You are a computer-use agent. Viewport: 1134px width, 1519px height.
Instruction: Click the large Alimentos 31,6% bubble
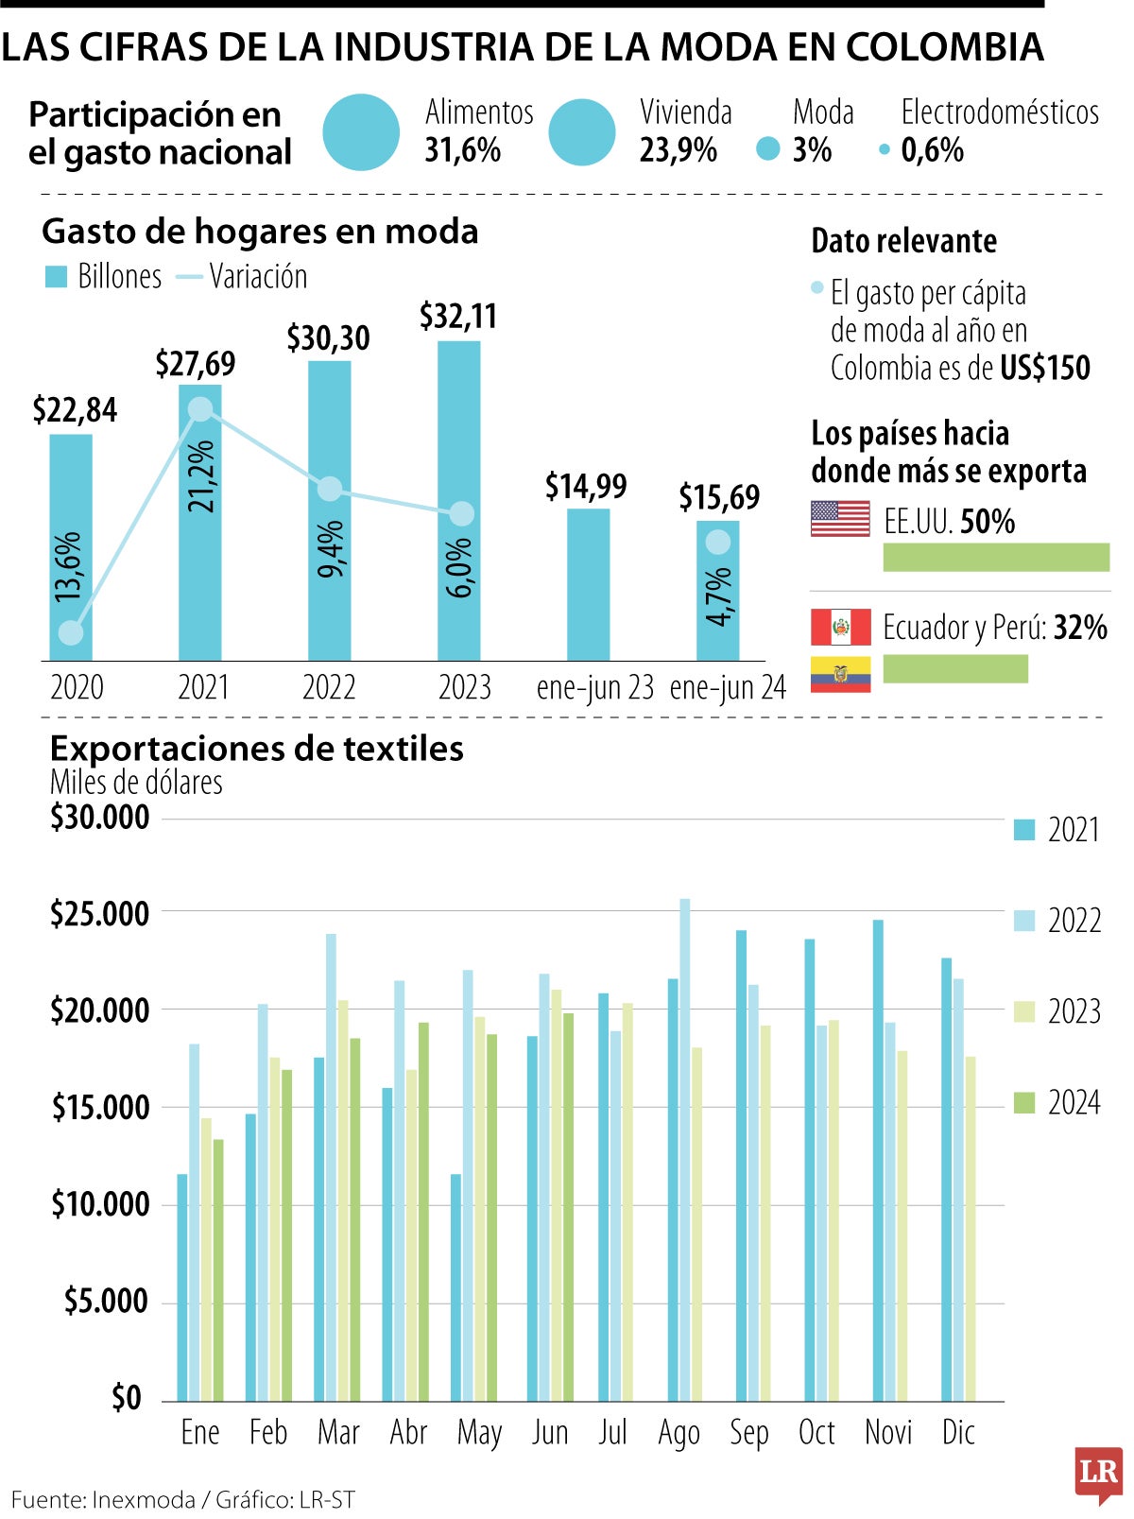pyautogui.click(x=361, y=132)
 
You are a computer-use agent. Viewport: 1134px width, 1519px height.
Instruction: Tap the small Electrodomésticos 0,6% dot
pyautogui.click(x=885, y=149)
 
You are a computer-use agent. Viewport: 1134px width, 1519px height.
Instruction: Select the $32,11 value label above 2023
pyautogui.click(x=458, y=317)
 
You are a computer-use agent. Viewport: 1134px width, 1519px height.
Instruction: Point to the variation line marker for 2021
pyautogui.click(x=200, y=408)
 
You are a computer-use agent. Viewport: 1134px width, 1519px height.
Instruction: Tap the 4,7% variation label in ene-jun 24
pyautogui.click(x=718, y=596)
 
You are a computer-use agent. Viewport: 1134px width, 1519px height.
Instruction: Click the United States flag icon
pyautogui.click(x=840, y=519)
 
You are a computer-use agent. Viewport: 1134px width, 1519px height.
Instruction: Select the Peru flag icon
pyautogui.click(x=840, y=627)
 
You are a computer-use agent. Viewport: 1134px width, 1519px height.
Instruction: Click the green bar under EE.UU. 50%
pyautogui.click(x=995, y=558)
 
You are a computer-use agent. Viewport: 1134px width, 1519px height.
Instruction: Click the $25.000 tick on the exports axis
pyautogui.click(x=100, y=914)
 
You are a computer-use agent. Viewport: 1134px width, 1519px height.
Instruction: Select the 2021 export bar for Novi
pyautogui.click(x=878, y=1160)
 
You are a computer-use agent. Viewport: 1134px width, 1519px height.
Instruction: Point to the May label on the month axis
pyautogui.click(x=479, y=1433)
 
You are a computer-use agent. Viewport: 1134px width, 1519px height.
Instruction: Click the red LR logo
pyautogui.click(x=1097, y=1472)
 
